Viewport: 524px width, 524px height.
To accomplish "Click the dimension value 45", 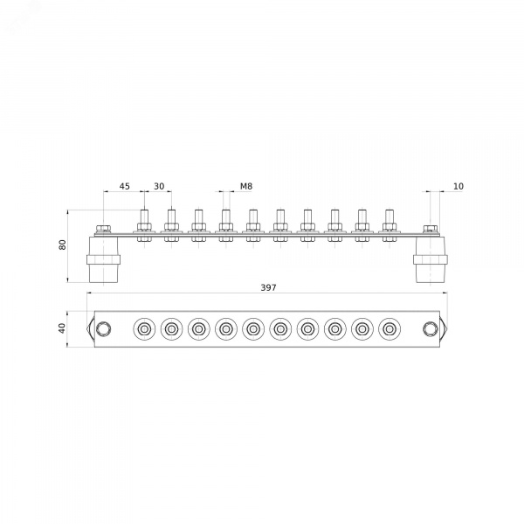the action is pyautogui.click(x=125, y=186).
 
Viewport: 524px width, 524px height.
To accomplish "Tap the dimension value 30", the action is pyautogui.click(x=159, y=186).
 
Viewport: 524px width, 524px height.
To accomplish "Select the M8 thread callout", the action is pyautogui.click(x=246, y=186).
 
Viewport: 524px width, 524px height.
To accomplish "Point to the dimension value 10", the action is pyautogui.click(x=458, y=186).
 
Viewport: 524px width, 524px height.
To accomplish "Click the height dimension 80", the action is pyautogui.click(x=63, y=245).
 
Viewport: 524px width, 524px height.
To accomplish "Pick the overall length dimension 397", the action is pyautogui.click(x=268, y=287).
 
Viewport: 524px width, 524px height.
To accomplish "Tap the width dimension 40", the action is pyautogui.click(x=62, y=328).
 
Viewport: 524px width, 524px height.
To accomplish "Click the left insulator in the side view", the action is pyautogui.click(x=103, y=259).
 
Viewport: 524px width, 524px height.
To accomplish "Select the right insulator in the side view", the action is pyautogui.click(x=430, y=259).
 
